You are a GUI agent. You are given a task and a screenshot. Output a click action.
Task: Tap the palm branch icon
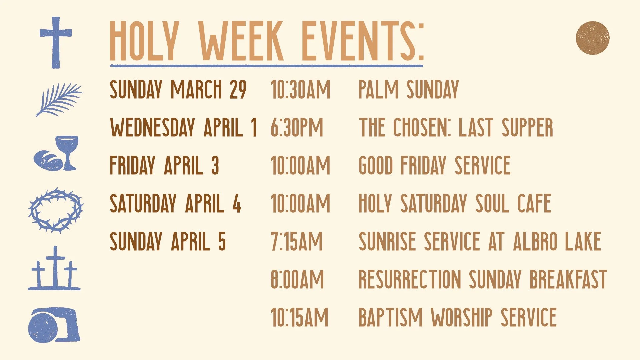click(x=59, y=99)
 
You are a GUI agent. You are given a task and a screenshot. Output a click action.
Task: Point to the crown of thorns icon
click(x=55, y=210)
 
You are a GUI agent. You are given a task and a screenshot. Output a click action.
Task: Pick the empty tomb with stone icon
click(x=54, y=325)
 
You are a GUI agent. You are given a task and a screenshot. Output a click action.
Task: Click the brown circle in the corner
click(x=592, y=38)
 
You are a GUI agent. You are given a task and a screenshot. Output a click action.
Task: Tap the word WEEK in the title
click(x=241, y=41)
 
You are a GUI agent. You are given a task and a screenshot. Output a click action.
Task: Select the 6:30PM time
click(x=297, y=128)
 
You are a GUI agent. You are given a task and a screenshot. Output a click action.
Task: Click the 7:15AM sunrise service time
click(x=297, y=241)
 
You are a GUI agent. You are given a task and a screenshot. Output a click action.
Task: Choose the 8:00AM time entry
click(x=297, y=279)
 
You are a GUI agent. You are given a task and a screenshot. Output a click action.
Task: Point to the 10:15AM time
click(x=299, y=317)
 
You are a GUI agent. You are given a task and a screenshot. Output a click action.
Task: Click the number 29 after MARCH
click(x=238, y=90)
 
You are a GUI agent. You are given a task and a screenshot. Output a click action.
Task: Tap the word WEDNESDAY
click(x=152, y=128)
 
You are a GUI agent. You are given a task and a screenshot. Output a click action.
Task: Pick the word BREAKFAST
click(x=568, y=279)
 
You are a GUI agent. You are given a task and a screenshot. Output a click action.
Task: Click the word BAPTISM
click(x=390, y=317)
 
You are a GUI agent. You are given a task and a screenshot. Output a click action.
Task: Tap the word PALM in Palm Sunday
click(x=378, y=90)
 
